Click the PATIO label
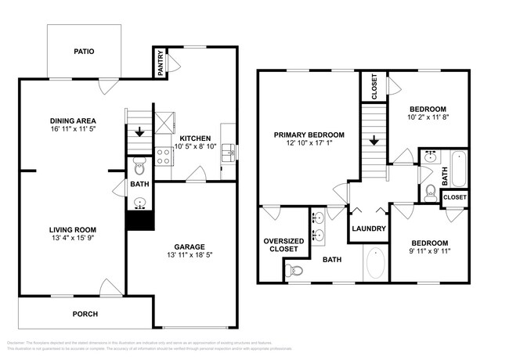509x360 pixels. tap(84, 52)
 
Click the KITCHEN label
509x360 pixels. tap(190, 137)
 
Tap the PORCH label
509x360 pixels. tap(85, 314)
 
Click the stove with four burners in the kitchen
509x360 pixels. tap(164, 156)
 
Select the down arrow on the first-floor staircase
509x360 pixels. tap(139, 132)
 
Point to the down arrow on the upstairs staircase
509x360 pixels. tap(374, 142)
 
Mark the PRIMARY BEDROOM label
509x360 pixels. tap(309, 135)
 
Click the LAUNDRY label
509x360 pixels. tap(368, 229)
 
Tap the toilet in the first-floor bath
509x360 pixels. tap(139, 166)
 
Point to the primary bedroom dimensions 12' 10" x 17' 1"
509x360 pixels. tap(309, 144)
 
